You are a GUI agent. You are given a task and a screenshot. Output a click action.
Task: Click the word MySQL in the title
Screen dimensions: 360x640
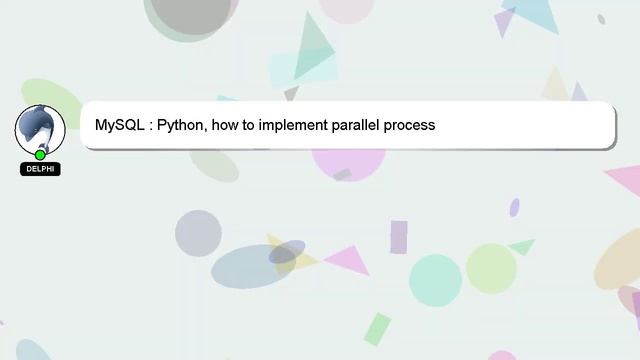(x=119, y=126)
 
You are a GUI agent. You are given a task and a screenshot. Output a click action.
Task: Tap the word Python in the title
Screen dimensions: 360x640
(x=181, y=126)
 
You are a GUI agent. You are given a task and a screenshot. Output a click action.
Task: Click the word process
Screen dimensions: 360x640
(x=409, y=126)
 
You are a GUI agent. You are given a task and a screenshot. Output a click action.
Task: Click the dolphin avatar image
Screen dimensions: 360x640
(x=40, y=128)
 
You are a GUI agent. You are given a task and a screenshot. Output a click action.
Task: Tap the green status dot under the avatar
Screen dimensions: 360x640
(x=40, y=154)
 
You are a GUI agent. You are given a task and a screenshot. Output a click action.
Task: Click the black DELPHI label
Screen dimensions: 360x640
(x=40, y=169)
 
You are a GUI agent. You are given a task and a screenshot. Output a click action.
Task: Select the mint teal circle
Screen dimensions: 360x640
(x=435, y=279)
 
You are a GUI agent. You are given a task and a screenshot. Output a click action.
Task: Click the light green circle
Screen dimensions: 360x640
(x=491, y=268)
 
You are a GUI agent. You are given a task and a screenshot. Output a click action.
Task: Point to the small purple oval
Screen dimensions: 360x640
(x=514, y=207)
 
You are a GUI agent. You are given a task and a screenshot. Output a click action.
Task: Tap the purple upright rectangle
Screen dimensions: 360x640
(x=399, y=237)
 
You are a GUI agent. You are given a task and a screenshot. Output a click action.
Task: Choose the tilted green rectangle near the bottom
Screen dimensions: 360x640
(x=377, y=329)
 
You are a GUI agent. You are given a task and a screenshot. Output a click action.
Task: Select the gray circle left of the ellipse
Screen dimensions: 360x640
(x=198, y=233)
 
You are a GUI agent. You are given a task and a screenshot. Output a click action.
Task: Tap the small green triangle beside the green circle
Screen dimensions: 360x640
(x=522, y=245)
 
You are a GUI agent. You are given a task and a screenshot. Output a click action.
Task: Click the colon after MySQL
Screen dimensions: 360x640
(x=150, y=127)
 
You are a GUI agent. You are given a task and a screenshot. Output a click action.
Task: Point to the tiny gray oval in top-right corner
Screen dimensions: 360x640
(x=601, y=19)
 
